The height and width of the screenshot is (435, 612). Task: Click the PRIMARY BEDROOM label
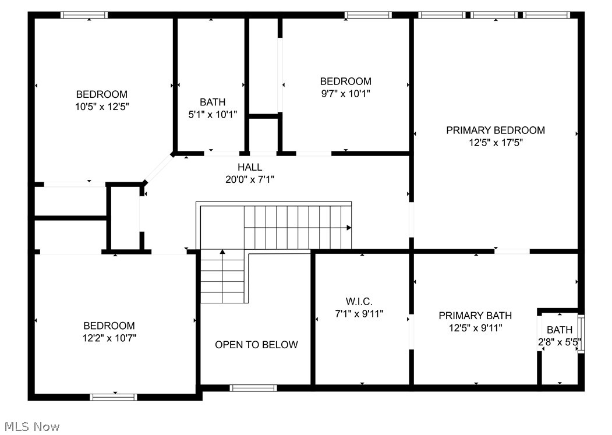[496, 130]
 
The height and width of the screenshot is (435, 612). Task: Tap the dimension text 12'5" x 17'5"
[496, 143]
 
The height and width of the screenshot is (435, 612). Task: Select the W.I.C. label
[359, 301]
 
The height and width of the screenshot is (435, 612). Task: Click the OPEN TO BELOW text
[256, 345]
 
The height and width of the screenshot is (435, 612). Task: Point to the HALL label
[250, 167]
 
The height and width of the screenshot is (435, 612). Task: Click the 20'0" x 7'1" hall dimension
[250, 179]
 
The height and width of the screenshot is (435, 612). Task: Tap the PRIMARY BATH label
[475, 316]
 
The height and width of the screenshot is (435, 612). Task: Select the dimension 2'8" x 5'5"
[560, 342]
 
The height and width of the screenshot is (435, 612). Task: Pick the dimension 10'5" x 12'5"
[102, 107]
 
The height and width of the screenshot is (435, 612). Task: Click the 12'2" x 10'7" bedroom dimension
[109, 337]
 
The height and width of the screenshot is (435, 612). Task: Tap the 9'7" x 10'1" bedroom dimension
[345, 93]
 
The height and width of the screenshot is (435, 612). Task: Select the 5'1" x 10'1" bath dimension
[213, 114]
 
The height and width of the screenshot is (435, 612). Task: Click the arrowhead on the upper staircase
[349, 228]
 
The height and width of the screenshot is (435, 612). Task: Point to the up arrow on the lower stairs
[222, 252]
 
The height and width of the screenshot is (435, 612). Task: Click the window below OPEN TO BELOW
[253, 388]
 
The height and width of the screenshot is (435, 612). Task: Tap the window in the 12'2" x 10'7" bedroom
[114, 397]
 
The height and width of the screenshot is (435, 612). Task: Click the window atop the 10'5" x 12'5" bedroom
[84, 15]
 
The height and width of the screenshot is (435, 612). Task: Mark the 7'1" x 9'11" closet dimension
[359, 313]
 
